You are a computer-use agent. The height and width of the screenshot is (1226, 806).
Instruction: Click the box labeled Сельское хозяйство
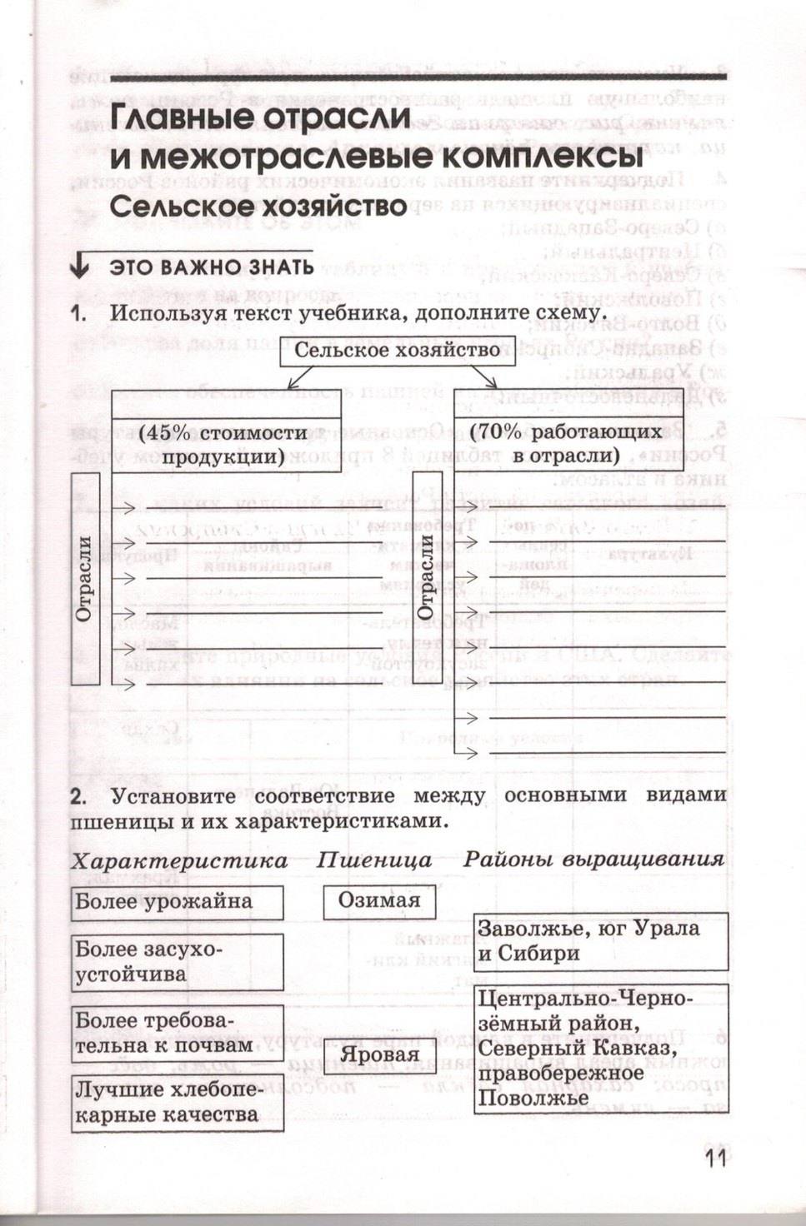[398, 350]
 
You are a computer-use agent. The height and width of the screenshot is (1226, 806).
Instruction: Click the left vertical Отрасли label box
[86, 579]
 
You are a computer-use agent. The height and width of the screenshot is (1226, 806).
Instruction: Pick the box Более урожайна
[177, 902]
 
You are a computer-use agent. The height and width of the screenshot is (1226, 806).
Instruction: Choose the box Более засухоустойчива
[177, 962]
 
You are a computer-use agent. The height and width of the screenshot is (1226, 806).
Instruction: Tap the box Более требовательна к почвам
[177, 1034]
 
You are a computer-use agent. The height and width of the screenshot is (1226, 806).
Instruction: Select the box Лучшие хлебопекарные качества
[177, 1103]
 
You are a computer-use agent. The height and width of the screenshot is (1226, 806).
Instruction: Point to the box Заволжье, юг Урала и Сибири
[600, 941]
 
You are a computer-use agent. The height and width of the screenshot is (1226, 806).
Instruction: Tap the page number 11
[715, 1160]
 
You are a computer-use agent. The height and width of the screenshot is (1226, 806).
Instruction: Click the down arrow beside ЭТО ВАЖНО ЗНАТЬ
[80, 266]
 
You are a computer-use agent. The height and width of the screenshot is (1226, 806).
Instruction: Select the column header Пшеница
[374, 860]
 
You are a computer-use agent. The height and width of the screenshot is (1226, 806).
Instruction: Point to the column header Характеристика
[179, 860]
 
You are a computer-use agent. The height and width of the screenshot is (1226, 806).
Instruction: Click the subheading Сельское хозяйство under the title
[258, 206]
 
